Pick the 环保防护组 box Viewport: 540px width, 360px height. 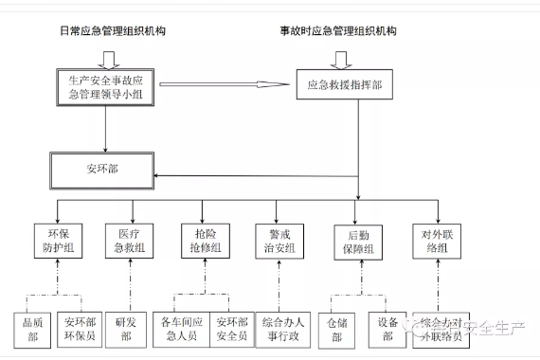click(x=59, y=239)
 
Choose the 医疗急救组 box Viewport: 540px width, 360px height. click(x=132, y=239)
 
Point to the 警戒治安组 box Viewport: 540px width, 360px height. click(x=281, y=239)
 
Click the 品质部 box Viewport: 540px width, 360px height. click(x=32, y=328)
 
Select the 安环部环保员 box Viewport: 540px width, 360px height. click(x=80, y=328)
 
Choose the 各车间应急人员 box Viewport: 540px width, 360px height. click(x=184, y=328)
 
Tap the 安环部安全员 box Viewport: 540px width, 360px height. click(x=231, y=328)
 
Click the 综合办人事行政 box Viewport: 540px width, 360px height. click(x=280, y=328)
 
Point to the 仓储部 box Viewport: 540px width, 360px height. click(x=338, y=328)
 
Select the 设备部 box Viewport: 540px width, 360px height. click(x=387, y=328)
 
